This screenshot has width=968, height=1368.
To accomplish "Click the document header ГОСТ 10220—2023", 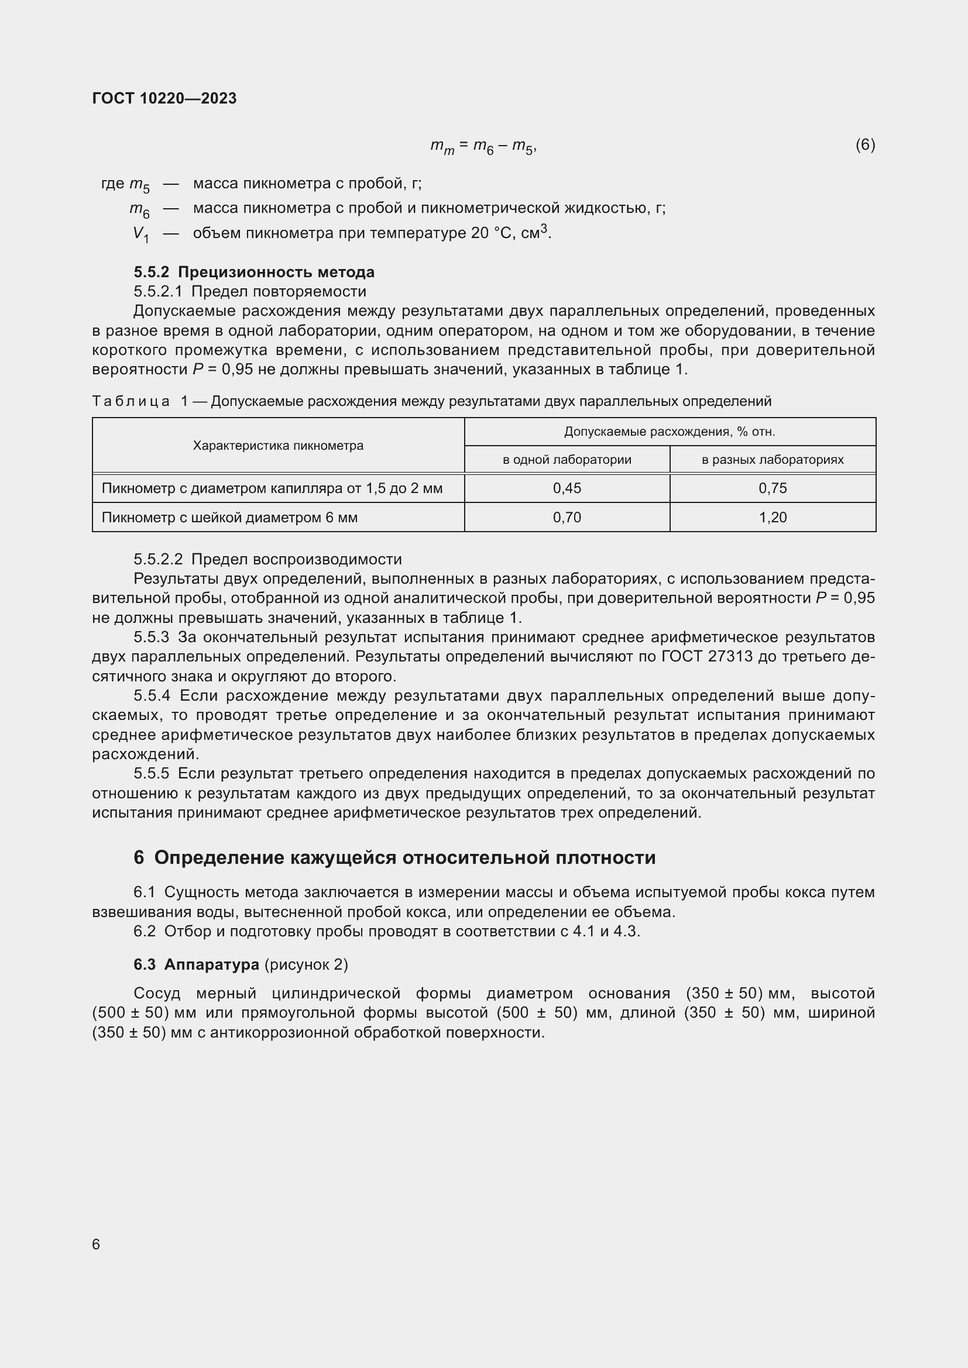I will pos(164,98).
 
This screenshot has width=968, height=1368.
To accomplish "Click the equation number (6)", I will pos(865,144).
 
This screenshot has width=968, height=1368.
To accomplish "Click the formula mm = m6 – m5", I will pos(483,146).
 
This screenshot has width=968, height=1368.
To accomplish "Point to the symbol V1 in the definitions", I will pos(140,234).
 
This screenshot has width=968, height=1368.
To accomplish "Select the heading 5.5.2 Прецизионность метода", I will pos(255,273).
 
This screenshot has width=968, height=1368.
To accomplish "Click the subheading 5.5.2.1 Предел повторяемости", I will pos(250,291).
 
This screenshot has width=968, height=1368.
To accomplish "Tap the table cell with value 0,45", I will pos(567,488).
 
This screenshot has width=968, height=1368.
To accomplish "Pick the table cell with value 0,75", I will pos(773,488).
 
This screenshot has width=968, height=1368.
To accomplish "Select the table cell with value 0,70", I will pos(567,517).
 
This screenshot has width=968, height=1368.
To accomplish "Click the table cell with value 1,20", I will pos(773,517).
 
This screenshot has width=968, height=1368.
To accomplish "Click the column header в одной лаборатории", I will pos(567,460).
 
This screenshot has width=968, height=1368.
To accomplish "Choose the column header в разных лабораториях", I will pos(773,460).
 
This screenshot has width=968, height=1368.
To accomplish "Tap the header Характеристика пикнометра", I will pos(278,446).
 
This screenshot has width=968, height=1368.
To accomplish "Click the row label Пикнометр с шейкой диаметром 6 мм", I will pos(229,517).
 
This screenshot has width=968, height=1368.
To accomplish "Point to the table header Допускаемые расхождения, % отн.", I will pos(670,432).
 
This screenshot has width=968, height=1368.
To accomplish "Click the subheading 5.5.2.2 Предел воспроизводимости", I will pos(267,560).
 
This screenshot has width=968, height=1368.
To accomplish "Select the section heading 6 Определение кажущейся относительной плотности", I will pos(394,858).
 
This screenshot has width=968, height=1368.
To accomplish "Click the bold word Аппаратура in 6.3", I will pos(212,964).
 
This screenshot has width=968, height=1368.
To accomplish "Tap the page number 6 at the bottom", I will pos(96,1244).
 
